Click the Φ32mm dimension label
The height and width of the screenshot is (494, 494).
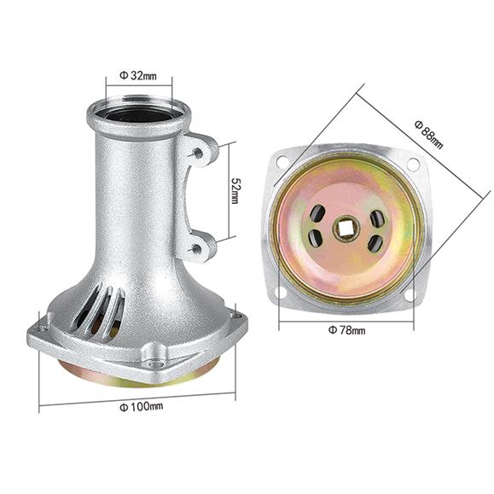click(139, 75)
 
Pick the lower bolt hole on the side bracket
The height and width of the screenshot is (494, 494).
click(199, 249)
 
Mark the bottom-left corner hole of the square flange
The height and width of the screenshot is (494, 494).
click(282, 295)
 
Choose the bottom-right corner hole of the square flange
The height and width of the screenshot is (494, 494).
click(412, 294)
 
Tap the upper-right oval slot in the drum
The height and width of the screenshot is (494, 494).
click(377, 218)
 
